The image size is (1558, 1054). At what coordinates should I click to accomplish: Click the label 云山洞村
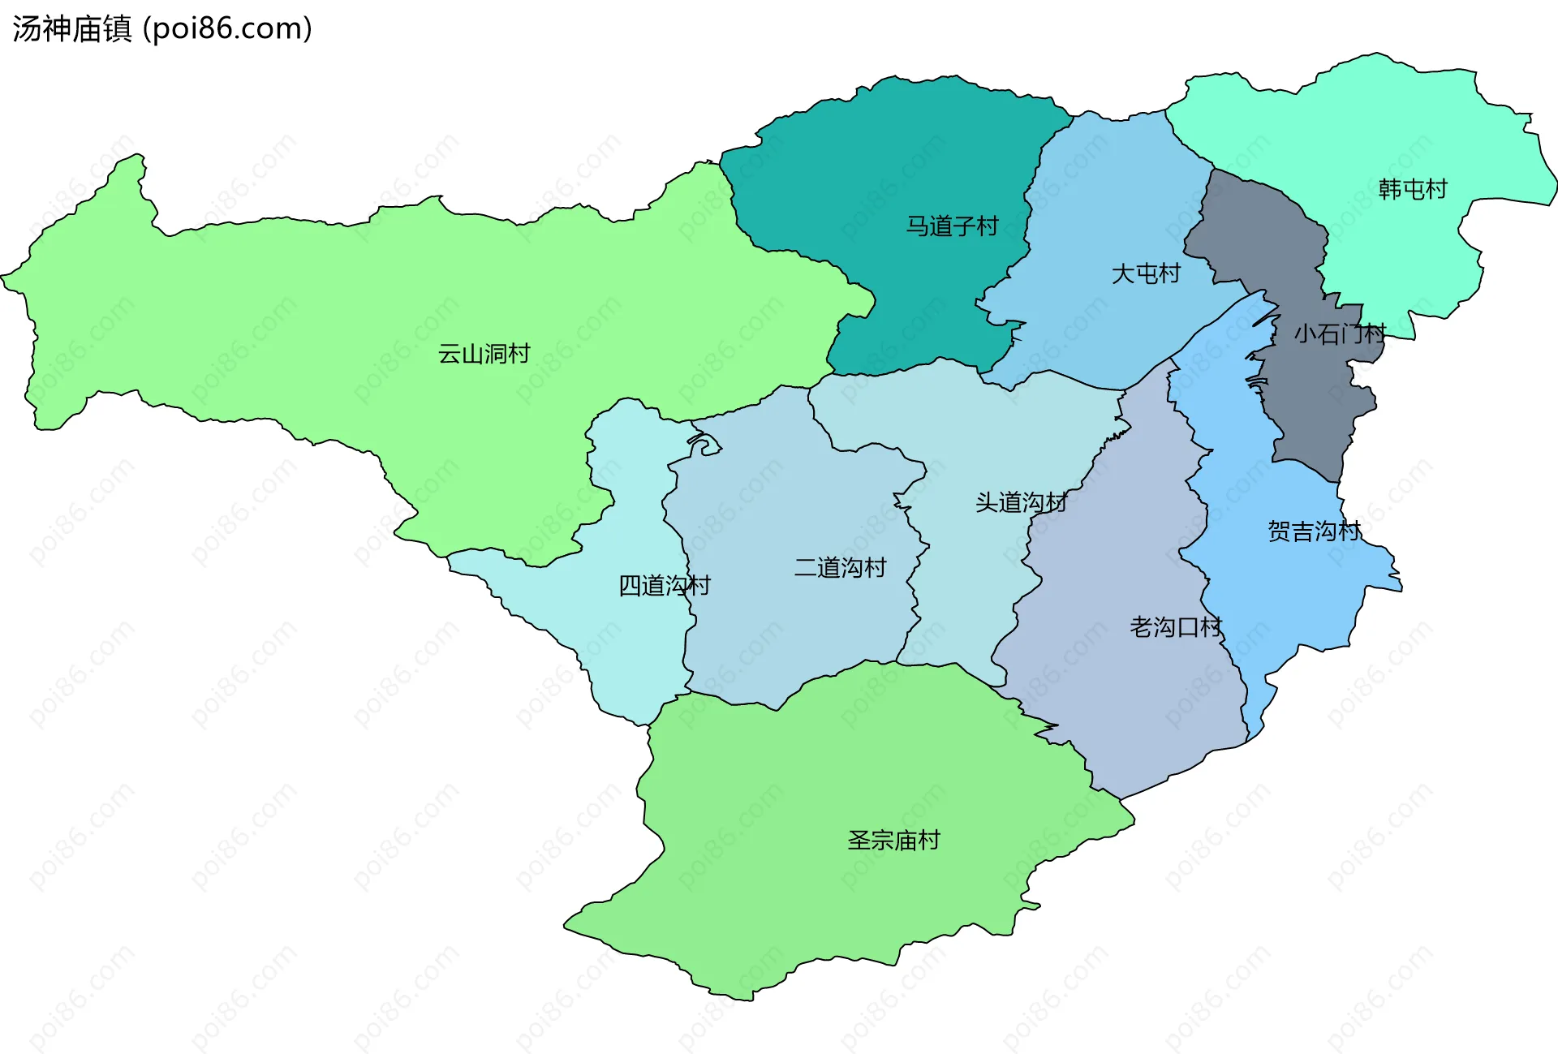[x=484, y=354]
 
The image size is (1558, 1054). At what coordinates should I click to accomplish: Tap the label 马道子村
[x=952, y=226]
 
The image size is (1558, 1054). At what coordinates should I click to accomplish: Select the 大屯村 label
[x=1145, y=273]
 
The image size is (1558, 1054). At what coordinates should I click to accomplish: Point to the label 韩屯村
[x=1413, y=189]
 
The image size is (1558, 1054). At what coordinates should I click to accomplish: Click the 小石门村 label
[x=1339, y=333]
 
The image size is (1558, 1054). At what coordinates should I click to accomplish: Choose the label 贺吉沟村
[x=1314, y=531]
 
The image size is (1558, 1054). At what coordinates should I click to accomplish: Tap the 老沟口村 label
[x=1176, y=627]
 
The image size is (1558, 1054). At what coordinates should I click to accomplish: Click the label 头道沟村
[x=1021, y=502]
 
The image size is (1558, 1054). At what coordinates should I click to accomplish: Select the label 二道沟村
[x=840, y=567]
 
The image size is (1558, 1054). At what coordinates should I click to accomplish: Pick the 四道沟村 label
[x=664, y=585]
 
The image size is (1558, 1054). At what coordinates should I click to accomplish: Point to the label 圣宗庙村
[x=893, y=840]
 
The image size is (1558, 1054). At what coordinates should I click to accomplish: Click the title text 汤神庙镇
[x=71, y=29]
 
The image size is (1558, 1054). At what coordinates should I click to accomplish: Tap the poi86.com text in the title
[x=227, y=29]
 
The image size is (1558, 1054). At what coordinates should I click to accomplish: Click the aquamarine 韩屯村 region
[x=1379, y=122]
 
